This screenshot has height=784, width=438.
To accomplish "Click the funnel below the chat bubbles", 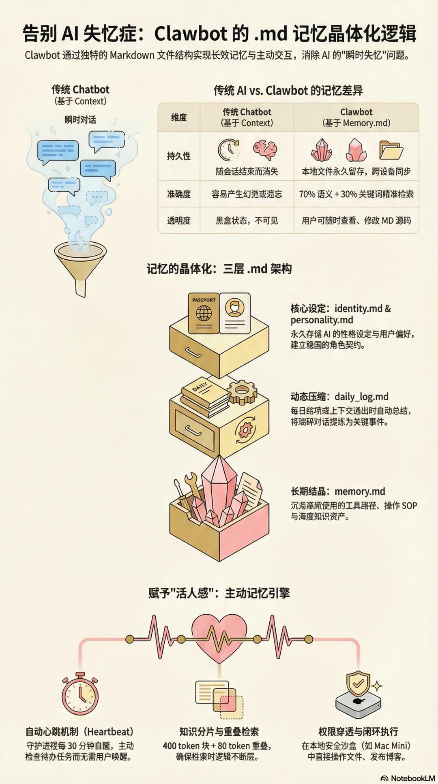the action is point(81,263).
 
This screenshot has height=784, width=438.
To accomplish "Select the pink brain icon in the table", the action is point(265,150).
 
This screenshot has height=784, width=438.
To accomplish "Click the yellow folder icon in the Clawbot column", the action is point(391,150).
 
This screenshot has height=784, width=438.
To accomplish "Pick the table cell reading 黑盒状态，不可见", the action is point(247,221).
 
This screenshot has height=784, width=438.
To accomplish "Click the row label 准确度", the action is point(179,194).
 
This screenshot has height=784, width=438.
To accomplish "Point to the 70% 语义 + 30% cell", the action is point(356,194).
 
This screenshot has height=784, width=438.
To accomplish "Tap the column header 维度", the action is point(179,117).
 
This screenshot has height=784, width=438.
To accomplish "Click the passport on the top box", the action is point(204,313).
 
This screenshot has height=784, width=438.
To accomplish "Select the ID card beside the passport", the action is point(234,313).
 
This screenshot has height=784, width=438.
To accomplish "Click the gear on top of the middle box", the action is point(242,391).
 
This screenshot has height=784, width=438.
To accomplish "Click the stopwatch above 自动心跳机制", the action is point(80,694).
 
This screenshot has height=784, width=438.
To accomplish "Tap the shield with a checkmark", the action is point(358,684).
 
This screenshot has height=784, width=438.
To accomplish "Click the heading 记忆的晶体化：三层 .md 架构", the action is point(219,269).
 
